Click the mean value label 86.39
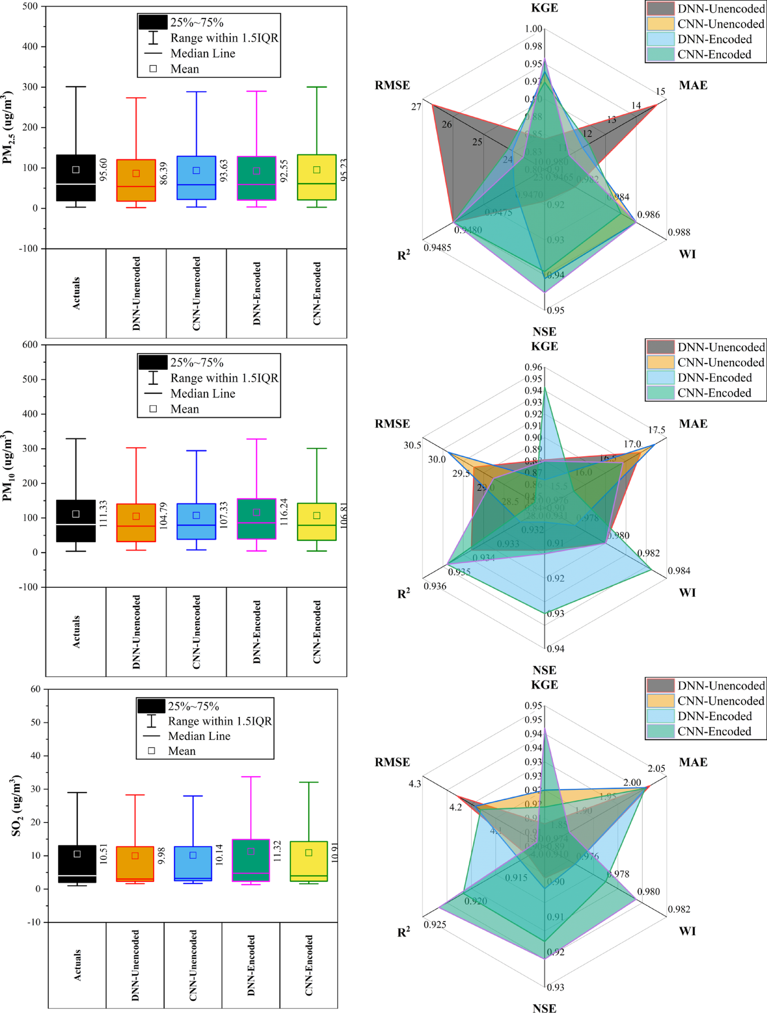pos(163,174)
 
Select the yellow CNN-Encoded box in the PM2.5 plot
pos(317,177)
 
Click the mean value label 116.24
pos(284,511)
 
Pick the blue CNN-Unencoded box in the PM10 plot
pos(196,521)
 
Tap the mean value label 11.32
pos(277,851)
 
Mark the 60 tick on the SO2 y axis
pos(35,689)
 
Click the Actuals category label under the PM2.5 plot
pos(76,293)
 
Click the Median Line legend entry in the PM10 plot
pos(203,393)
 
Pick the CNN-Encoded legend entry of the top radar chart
pos(714,54)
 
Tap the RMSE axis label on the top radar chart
pos(392,85)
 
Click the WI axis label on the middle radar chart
pos(687,593)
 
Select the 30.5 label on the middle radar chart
pos(412,445)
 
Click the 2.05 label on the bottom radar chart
pos(656,768)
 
